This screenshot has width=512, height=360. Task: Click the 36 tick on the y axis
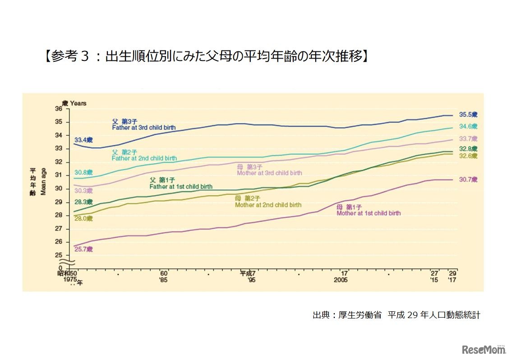59,109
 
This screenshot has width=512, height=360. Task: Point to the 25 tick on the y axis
59,255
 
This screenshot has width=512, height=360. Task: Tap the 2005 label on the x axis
341,280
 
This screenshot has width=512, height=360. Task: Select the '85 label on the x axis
164,280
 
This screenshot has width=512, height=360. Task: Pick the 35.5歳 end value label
468,115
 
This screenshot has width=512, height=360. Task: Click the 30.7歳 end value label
468,180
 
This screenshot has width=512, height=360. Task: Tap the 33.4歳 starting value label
83,139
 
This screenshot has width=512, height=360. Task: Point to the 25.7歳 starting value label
83,249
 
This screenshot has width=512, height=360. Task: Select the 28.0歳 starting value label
83,218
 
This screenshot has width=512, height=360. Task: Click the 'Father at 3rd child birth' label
144,128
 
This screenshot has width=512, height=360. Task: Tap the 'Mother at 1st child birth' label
369,213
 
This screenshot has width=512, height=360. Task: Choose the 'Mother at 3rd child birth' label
269,173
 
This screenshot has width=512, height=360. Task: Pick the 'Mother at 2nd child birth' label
268,205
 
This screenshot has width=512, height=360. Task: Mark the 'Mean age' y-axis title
44,180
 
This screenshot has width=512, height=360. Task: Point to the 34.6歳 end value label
468,126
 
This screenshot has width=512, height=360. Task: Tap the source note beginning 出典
396,315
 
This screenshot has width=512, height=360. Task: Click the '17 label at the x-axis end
452,280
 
